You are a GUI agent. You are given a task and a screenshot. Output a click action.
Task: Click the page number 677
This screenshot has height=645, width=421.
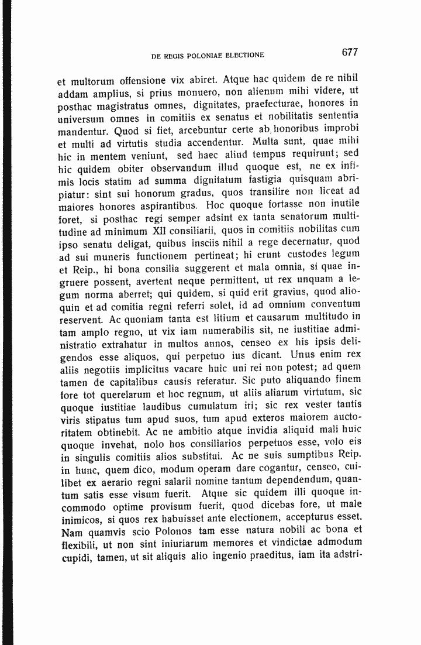[x=349, y=53]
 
